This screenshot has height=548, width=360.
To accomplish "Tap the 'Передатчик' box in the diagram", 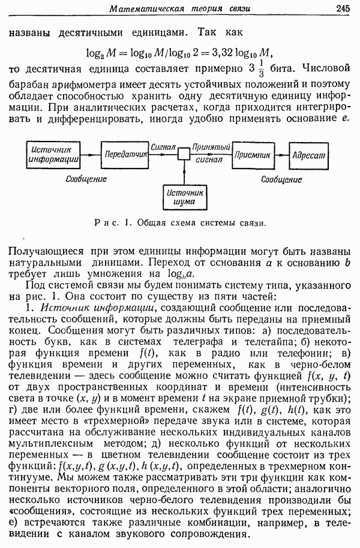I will (x=125, y=154).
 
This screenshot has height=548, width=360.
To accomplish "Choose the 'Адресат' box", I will (x=308, y=154).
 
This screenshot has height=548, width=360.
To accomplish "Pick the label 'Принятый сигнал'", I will (x=211, y=153).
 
